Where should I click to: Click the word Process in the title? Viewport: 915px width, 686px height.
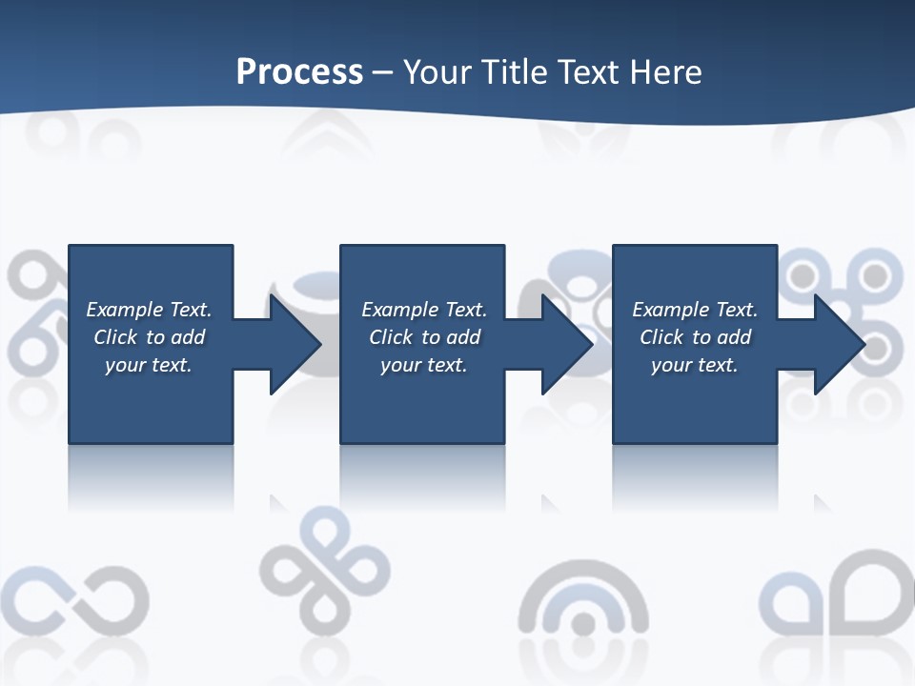299,72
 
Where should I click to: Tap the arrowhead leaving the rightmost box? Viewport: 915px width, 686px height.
838,344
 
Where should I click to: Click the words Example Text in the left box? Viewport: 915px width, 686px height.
149,310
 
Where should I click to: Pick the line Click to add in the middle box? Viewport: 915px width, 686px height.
424,337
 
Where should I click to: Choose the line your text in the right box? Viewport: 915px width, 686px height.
694,365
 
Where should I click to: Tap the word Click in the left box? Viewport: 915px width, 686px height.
115,337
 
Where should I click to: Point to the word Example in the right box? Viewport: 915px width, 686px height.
667,310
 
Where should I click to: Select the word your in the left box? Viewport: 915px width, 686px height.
125,365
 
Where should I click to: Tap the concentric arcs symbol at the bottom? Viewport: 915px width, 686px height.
583,610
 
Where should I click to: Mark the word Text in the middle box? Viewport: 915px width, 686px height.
466,310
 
